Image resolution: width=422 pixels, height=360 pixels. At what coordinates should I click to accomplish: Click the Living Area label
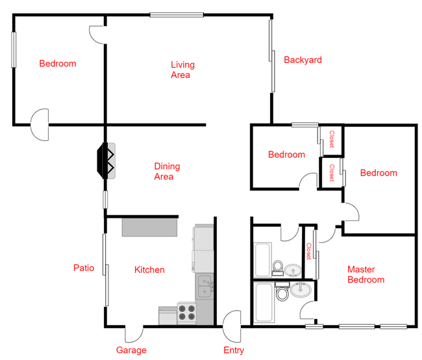[x=182, y=70]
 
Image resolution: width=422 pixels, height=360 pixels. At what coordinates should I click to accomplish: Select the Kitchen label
[x=149, y=270]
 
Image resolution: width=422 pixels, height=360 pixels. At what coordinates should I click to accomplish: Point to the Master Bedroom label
[x=366, y=274]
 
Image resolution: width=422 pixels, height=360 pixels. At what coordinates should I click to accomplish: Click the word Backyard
[x=303, y=60]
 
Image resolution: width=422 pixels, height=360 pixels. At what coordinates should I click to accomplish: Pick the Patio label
[x=84, y=268]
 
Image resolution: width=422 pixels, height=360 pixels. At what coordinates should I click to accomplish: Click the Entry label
[x=234, y=350]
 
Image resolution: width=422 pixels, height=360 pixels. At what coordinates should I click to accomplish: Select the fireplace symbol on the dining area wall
[x=106, y=161]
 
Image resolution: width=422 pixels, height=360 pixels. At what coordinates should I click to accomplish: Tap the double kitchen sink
[x=205, y=286]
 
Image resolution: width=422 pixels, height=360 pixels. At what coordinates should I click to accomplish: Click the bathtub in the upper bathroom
[x=264, y=259]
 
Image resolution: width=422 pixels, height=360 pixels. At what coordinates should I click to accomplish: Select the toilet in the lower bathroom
[x=283, y=294]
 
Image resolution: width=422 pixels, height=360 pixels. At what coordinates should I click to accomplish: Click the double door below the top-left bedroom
[x=40, y=125]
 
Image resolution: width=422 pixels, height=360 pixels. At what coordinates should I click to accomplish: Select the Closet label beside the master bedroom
[x=309, y=251]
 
